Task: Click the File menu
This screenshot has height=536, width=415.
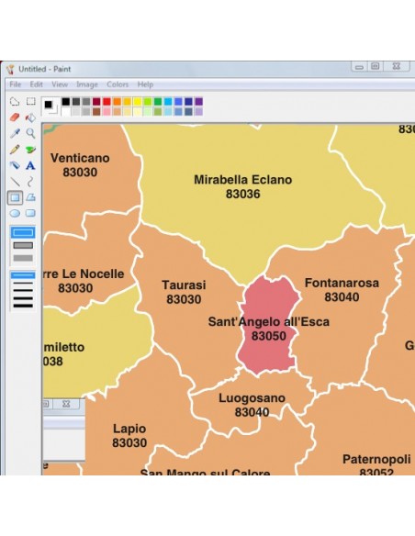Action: point(15,84)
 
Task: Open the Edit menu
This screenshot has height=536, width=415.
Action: point(37,84)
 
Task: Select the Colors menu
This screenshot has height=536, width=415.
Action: point(118,84)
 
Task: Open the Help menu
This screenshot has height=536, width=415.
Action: point(145,84)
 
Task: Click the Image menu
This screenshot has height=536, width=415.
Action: point(87,84)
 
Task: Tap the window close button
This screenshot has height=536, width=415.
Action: point(398,67)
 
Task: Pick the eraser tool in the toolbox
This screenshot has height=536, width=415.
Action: point(15,117)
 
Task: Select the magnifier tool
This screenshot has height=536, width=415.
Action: point(30,133)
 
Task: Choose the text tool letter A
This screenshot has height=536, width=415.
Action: point(30,165)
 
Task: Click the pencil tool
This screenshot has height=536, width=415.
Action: point(15,150)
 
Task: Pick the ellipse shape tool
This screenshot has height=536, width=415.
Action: point(15,213)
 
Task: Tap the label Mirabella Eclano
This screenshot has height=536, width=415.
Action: point(242,180)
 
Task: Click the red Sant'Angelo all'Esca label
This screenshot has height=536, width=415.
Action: point(268,322)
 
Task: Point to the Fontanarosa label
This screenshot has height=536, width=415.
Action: point(342,284)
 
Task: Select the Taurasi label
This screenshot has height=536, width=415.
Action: point(184,285)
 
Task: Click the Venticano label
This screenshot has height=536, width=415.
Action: point(80,158)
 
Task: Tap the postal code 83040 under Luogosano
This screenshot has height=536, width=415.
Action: point(252,413)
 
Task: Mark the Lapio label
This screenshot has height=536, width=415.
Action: point(129,429)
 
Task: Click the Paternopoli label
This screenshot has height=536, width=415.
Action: point(375,459)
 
